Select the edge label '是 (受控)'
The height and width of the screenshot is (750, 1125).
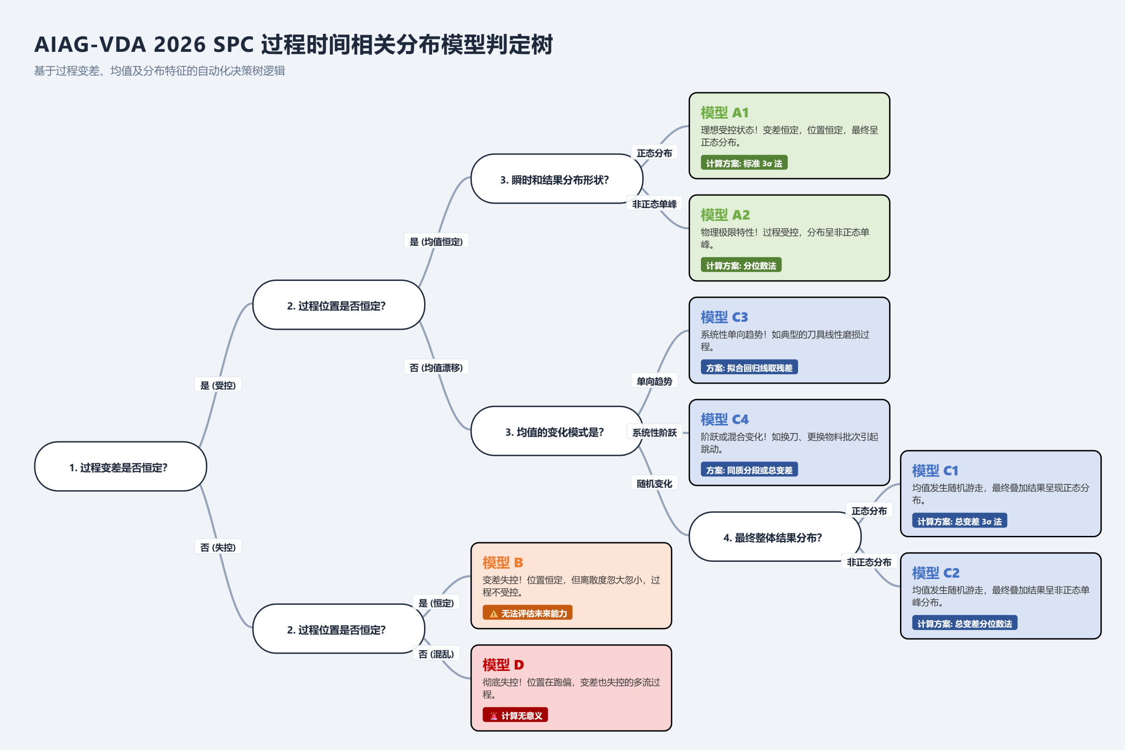tap(218, 385)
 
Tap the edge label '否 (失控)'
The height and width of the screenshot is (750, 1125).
tap(218, 547)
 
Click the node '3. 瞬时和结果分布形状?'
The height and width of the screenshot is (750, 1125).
tap(556, 179)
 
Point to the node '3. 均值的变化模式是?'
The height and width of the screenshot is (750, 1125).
tap(556, 431)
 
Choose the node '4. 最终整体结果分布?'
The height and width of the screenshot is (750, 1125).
tap(775, 537)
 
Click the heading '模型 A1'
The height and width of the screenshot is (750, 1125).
tap(724, 113)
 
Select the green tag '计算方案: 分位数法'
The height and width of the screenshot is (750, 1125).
tap(740, 266)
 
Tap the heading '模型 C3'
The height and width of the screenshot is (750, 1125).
tap(724, 317)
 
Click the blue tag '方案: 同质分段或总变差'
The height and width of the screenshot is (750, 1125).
tap(749, 470)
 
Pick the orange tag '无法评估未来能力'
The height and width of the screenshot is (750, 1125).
tap(527, 613)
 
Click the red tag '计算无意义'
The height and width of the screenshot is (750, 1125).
tap(515, 716)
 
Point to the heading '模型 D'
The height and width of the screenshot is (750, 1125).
tap(503, 665)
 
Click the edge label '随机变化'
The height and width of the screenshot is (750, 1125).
tap(654, 484)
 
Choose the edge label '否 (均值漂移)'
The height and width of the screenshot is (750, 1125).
tap(436, 368)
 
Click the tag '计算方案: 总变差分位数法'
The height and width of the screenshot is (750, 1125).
tap(964, 623)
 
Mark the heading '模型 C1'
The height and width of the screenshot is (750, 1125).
tap(935, 471)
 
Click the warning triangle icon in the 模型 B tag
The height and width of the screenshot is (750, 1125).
tap(494, 614)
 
